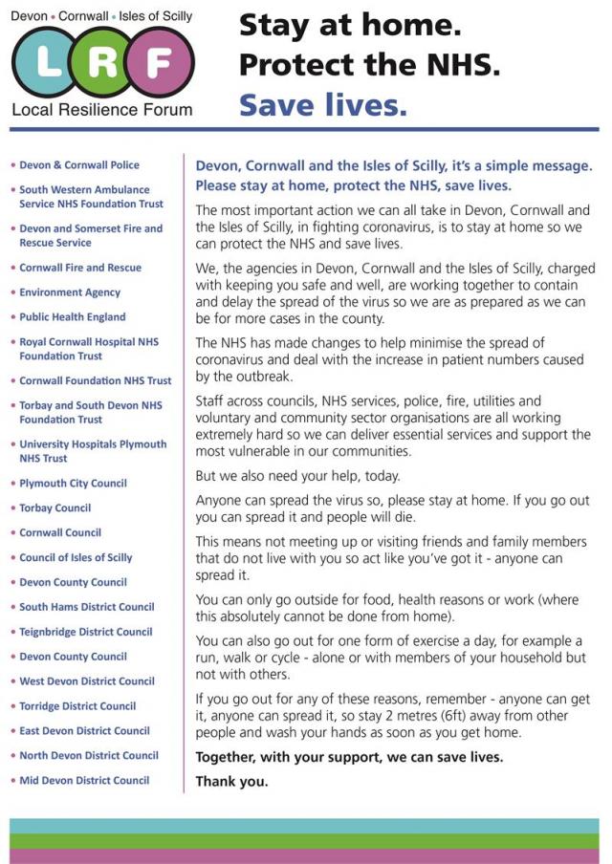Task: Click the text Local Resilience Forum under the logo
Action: (x=101, y=109)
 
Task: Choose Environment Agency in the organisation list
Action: (x=70, y=292)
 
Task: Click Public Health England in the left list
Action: (x=72, y=317)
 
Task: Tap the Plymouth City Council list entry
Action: (x=73, y=484)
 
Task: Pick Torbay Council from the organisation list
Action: (x=55, y=508)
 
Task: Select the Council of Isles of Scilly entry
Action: (x=76, y=557)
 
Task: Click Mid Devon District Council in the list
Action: (x=84, y=780)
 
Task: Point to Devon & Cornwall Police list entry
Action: (x=78, y=165)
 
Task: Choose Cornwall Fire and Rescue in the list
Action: (x=79, y=268)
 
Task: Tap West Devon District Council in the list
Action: (x=86, y=681)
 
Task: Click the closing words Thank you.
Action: (x=231, y=781)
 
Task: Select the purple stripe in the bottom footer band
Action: (x=306, y=855)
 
